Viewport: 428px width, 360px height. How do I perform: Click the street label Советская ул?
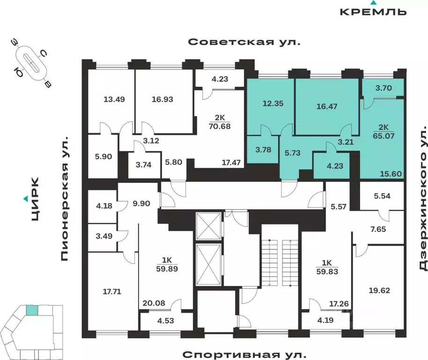[x=244, y=42]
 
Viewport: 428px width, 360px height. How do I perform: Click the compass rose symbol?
[x=32, y=64]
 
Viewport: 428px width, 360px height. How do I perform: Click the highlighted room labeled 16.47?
[x=326, y=106]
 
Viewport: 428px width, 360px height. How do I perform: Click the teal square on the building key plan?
[x=32, y=309]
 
